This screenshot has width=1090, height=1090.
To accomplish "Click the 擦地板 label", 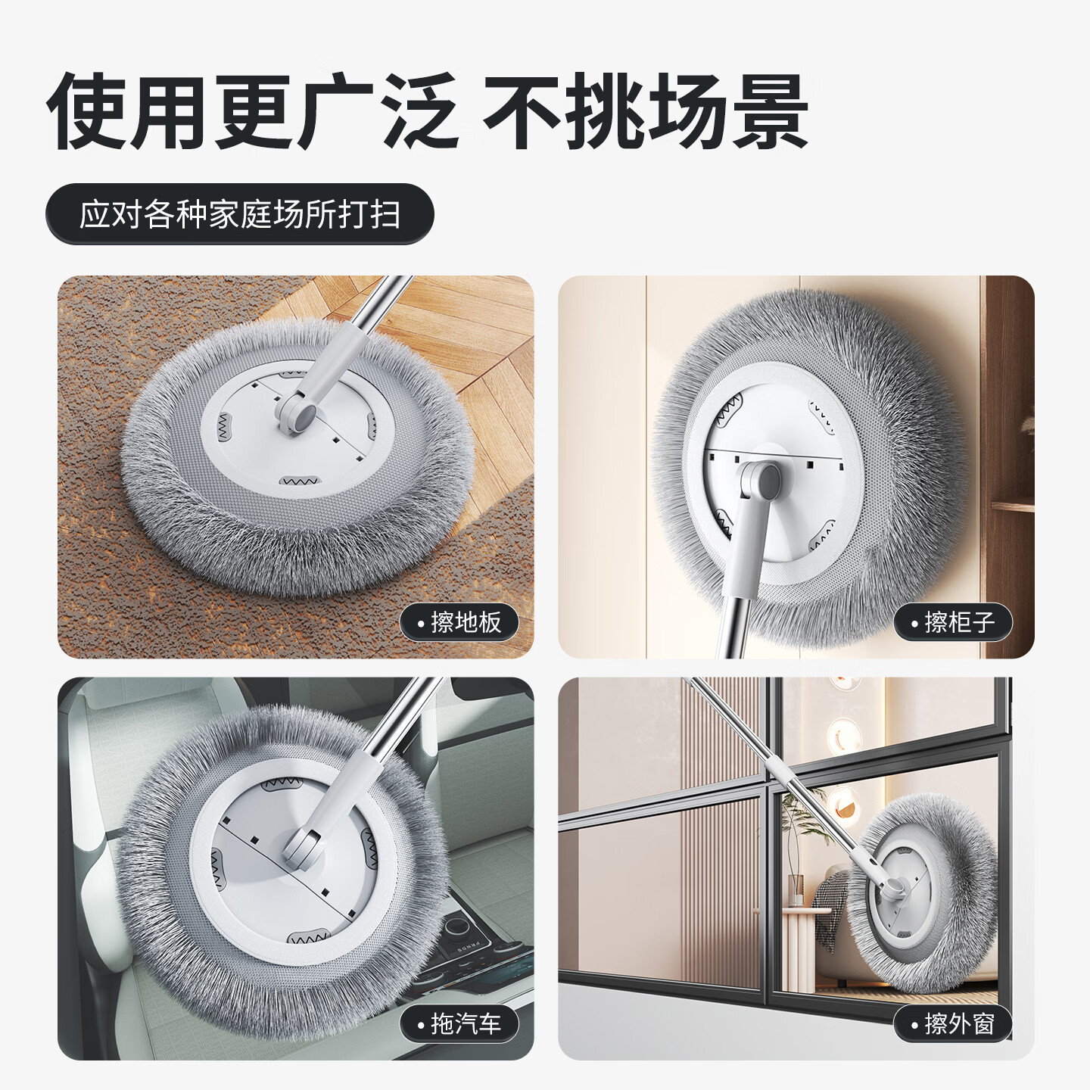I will point(459,622).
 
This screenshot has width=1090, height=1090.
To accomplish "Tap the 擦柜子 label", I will point(953,622).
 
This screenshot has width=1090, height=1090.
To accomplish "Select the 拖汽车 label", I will point(459,1024).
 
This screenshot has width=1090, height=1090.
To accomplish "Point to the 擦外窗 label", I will point(953,1024).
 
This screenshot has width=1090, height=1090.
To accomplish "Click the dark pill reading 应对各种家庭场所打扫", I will point(240,214).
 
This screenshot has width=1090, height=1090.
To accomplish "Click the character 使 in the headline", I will point(89,112).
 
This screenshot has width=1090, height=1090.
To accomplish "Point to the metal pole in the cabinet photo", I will point(733,624).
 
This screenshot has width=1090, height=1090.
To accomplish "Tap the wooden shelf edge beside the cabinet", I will point(1013,507).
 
